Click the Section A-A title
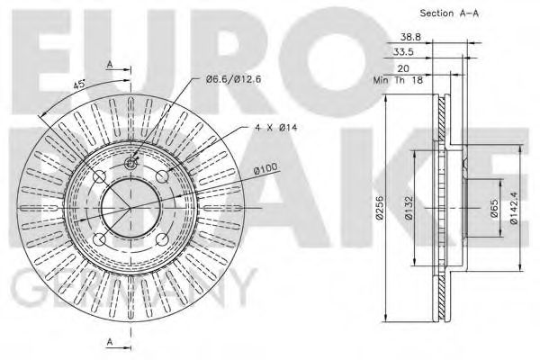point(447,13)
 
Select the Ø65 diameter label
point(494,212)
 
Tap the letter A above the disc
point(110,64)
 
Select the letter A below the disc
point(110,342)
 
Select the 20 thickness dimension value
point(402,67)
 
